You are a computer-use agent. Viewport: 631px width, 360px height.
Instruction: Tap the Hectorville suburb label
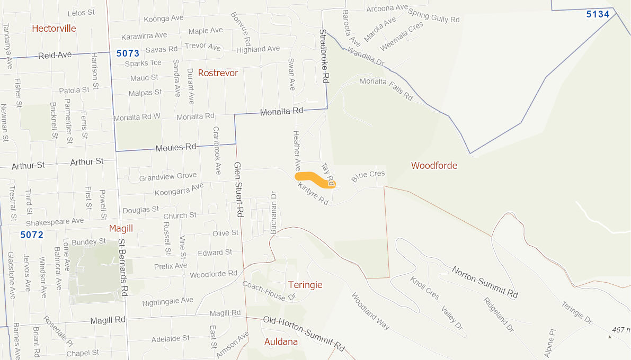coord(54,29)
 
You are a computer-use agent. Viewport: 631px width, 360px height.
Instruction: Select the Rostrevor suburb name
coord(218,73)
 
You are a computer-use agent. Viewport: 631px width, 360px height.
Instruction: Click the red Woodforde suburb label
coord(434,166)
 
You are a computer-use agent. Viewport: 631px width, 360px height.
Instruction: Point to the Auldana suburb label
coord(281,342)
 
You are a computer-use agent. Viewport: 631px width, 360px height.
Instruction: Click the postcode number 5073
coord(127,53)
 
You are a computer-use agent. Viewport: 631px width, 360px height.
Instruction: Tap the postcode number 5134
coord(598,14)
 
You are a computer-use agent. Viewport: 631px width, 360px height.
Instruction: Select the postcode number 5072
coord(32,235)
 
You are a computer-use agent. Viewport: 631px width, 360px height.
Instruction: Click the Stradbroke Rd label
coord(325,56)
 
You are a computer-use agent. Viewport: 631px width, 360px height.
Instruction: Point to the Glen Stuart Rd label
coord(239,189)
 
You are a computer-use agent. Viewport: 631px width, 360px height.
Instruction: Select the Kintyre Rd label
coord(313,194)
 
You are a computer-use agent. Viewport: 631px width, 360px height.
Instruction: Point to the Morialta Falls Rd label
coord(386,88)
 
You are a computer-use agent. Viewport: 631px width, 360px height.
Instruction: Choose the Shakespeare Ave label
coord(55,221)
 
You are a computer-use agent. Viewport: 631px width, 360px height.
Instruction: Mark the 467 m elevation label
coord(620,330)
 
